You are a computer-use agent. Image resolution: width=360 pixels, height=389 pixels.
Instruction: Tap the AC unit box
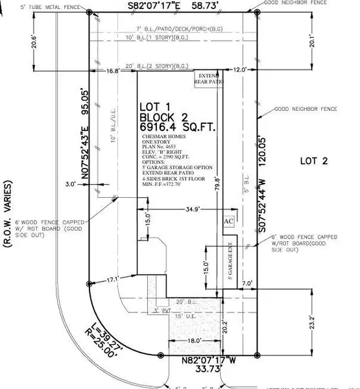tap(228, 221)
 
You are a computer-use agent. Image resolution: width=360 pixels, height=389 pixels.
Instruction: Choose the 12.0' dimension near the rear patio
tap(241, 70)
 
